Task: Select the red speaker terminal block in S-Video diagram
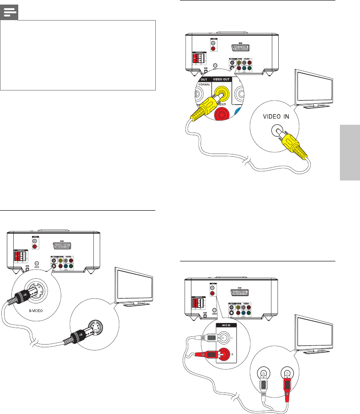(19, 255)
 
